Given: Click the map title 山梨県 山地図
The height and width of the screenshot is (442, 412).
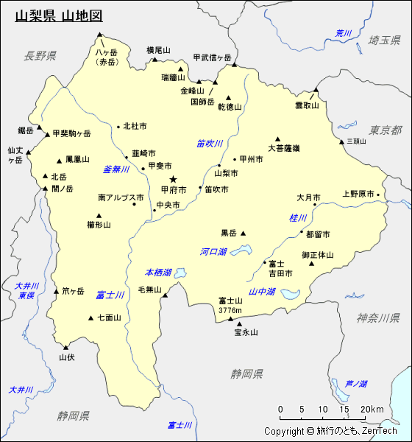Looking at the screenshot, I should pyautogui.click(x=59, y=15).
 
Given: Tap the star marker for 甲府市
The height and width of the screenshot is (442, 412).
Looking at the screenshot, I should pyautogui.click(x=174, y=179).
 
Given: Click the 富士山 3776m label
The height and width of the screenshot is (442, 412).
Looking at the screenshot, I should pyautogui.click(x=230, y=305).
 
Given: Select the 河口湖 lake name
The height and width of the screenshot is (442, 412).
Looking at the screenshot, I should pyautogui.click(x=213, y=252).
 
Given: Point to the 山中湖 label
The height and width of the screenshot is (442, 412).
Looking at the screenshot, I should pyautogui.click(x=262, y=292).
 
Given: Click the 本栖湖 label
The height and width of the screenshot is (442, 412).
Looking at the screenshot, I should pyautogui.click(x=158, y=273).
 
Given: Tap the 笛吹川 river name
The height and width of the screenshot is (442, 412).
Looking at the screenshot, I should pyautogui.click(x=210, y=144).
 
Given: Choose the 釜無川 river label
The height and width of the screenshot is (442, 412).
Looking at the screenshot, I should pyautogui.click(x=116, y=169).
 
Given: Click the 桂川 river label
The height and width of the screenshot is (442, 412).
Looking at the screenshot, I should pyautogui.click(x=298, y=218).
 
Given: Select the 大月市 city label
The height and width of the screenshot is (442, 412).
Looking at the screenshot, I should pyautogui.click(x=308, y=198).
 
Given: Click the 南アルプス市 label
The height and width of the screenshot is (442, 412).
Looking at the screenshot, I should pyautogui.click(x=121, y=198).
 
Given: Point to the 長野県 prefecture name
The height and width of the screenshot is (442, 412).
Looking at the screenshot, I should pyautogui.click(x=40, y=56).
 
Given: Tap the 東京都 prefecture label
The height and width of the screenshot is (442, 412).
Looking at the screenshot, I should pyautogui.click(x=386, y=130).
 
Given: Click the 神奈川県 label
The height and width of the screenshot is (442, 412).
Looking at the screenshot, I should pyautogui.click(x=378, y=318).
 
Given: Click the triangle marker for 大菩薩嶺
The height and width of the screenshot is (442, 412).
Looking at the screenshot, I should pyautogui.click(x=278, y=138).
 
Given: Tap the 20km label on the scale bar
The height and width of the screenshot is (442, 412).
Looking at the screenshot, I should pyautogui.click(x=372, y=410).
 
